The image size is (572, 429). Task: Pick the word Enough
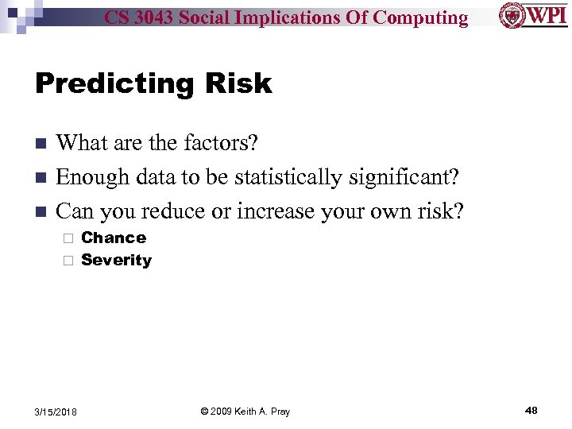[88, 177]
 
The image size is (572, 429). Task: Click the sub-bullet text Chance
[114, 238]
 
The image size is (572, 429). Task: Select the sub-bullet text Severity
[116, 260]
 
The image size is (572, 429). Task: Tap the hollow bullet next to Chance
[68, 238]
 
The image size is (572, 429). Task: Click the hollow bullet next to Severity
[68, 261]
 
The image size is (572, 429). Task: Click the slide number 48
[531, 411]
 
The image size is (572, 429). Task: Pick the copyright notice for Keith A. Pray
[245, 412]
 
